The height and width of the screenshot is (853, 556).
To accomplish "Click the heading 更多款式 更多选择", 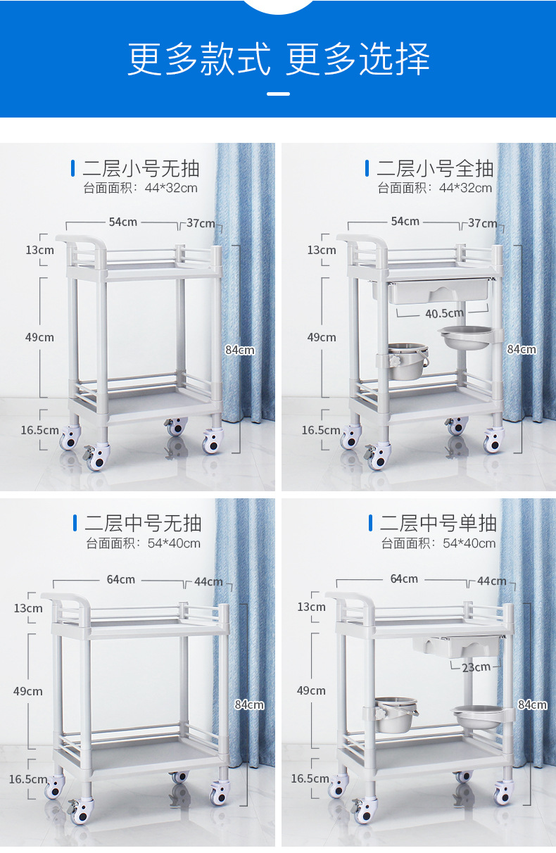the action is click(x=279, y=59).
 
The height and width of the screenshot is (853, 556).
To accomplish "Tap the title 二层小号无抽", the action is click(x=141, y=169).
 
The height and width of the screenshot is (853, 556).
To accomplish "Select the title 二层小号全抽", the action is click(x=435, y=169).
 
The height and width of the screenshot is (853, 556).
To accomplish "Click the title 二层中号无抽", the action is click(x=143, y=523).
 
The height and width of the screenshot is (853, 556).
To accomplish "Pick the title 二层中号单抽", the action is click(x=438, y=523).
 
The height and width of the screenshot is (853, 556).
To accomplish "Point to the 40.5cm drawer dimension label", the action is click(x=444, y=313).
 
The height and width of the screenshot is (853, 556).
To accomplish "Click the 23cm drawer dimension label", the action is click(x=476, y=667).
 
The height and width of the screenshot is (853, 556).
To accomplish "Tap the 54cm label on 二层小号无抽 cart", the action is click(x=122, y=222).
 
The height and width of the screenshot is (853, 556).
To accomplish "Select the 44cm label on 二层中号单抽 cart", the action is click(x=492, y=581).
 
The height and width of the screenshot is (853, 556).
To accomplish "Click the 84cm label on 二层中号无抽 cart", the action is click(x=249, y=705).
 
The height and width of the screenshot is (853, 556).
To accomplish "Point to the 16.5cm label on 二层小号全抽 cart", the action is click(x=321, y=430).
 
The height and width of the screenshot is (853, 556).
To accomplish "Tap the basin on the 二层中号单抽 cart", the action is click(x=478, y=717).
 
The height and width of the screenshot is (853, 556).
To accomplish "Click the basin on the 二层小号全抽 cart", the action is click(x=465, y=338).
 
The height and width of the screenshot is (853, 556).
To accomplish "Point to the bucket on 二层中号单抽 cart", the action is click(x=396, y=715).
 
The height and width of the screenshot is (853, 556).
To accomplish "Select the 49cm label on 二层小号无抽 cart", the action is click(x=39, y=337).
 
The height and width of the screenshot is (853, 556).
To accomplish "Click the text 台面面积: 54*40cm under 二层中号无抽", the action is click(x=143, y=543).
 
